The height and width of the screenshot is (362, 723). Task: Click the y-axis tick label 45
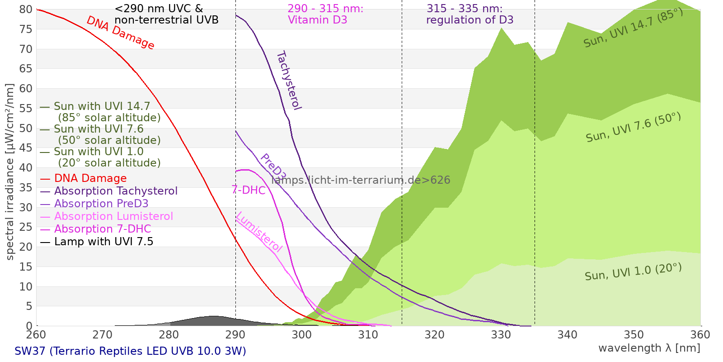pos(26,148)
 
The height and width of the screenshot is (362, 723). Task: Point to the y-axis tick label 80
pos(26,10)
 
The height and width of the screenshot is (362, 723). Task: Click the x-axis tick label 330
pos(501,335)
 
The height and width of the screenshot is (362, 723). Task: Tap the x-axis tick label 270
pos(102,335)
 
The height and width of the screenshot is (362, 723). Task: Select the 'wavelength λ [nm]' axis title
pos(649,348)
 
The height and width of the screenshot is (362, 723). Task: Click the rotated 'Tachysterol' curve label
pos(289,80)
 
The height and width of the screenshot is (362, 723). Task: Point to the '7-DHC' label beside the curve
pos(249,190)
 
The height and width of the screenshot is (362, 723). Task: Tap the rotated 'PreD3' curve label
pos(273,167)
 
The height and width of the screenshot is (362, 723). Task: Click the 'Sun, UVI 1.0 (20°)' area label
pos(633,271)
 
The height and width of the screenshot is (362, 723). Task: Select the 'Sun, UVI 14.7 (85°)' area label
pos(633,28)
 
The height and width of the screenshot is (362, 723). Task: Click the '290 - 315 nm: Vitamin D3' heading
pos(325,14)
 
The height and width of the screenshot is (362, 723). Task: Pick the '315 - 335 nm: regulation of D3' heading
pos(469,14)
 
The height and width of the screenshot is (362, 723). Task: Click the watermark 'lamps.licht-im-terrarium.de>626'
pos(361,180)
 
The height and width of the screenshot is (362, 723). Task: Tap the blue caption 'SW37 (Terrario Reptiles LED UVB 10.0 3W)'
pos(130,351)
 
